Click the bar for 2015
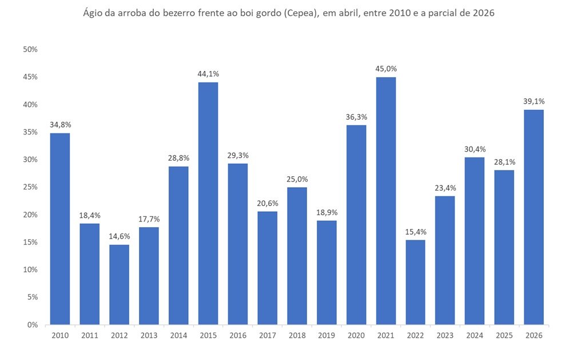(208, 203)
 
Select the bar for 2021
(386, 200)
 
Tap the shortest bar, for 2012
(119, 284)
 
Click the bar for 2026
(534, 217)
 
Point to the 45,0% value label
(386, 69)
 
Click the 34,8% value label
(60, 124)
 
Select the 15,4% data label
(416, 232)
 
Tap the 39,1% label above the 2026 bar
(534, 101)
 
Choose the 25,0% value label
(297, 179)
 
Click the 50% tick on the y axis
(30, 50)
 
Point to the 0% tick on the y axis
(32, 325)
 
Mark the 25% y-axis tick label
(30, 187)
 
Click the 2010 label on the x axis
(60, 336)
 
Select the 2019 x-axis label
(327, 336)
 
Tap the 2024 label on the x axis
(475, 336)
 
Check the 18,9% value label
(327, 212)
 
